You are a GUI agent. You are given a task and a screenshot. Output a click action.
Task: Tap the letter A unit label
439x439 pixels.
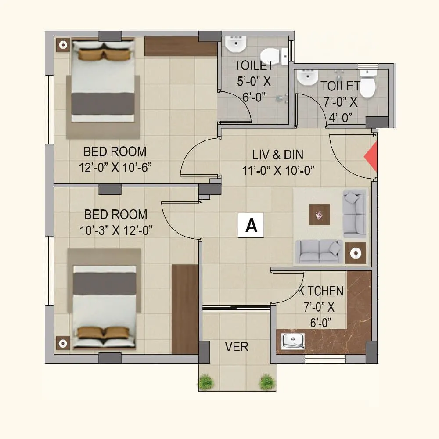251,226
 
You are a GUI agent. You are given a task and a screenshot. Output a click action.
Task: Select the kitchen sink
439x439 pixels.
293,341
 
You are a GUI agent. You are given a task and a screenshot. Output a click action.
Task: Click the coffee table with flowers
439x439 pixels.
319,215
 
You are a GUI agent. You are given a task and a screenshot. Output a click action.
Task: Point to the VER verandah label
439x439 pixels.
237,347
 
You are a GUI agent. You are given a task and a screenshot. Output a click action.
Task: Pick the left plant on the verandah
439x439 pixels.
206,382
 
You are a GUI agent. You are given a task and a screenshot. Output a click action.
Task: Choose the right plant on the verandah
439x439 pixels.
266,382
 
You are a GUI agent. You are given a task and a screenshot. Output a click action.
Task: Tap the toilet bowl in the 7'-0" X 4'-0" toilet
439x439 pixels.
367,87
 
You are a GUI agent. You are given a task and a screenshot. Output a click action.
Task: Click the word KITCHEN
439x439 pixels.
320,291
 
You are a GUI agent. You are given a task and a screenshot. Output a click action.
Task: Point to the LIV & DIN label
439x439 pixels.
277,155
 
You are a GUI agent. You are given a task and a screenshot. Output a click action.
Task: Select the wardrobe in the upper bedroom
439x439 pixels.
180,46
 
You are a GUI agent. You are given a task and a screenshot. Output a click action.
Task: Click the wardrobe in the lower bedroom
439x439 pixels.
185,309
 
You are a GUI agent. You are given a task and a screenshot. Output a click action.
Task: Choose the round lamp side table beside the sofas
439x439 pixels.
355,253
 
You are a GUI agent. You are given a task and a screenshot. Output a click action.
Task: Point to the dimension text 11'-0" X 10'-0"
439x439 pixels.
278,170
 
